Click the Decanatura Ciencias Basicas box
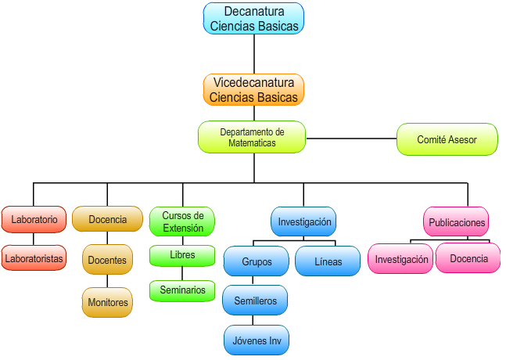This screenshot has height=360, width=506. tap(253, 19)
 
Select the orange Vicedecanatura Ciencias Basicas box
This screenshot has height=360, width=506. tap(253, 90)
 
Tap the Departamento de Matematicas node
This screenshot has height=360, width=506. tap(252, 137)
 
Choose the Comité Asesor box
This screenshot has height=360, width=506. tap(447, 139)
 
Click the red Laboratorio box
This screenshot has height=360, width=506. tap(34, 219)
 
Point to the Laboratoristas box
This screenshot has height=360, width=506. tap(34, 257)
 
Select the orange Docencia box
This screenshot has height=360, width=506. tap(107, 219)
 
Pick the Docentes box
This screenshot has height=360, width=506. tap(107, 260)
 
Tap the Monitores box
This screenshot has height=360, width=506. tap(107, 302)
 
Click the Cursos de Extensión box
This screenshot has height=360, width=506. tap(182, 221)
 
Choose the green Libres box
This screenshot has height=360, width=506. tap(182, 255)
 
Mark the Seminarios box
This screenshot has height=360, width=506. tap(182, 290)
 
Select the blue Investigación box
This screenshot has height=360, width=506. tap(304, 221)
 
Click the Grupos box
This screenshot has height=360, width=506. tap(256, 261)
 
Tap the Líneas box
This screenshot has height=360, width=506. tap(328, 261)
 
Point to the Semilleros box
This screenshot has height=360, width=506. tap(256, 301)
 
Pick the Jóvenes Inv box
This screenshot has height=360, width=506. tap(256, 340)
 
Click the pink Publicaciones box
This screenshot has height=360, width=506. tap(457, 222)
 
